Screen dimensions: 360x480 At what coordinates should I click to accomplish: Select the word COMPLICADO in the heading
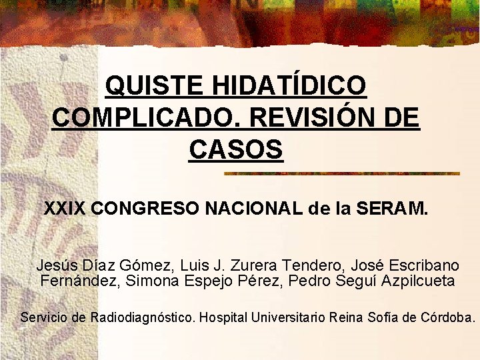(147, 118)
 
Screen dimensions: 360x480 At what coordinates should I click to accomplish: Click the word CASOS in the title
(236, 149)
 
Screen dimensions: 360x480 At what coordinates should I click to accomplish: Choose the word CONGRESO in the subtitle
(145, 209)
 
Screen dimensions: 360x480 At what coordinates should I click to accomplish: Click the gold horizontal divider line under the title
(342, 173)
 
